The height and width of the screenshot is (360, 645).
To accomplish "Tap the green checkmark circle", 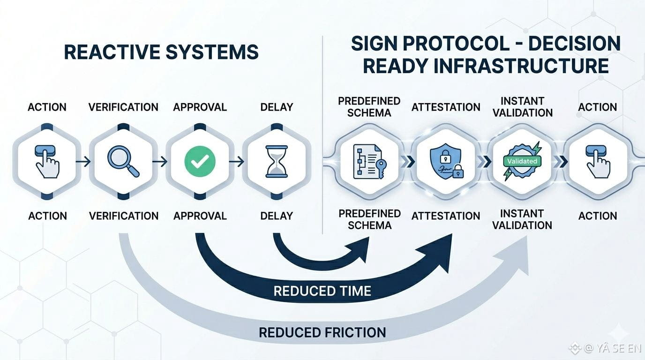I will (x=200, y=162).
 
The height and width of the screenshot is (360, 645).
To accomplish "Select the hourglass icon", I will (x=276, y=162).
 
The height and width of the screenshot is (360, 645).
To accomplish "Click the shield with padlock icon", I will (x=445, y=162).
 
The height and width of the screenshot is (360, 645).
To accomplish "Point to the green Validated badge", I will (x=522, y=161).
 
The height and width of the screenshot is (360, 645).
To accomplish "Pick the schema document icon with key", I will (x=368, y=162).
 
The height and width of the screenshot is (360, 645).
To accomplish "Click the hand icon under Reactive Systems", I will (x=47, y=162).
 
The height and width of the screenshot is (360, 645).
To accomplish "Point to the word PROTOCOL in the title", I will (x=455, y=44).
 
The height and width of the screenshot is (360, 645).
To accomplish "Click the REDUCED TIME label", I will (x=322, y=291).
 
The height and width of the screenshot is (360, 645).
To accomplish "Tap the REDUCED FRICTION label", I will (x=322, y=333).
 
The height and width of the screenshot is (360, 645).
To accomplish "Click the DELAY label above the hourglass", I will (x=276, y=107).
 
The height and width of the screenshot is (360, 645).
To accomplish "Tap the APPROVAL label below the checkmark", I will (x=200, y=216).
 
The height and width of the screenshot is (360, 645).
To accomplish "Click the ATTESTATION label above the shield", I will (x=446, y=107).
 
